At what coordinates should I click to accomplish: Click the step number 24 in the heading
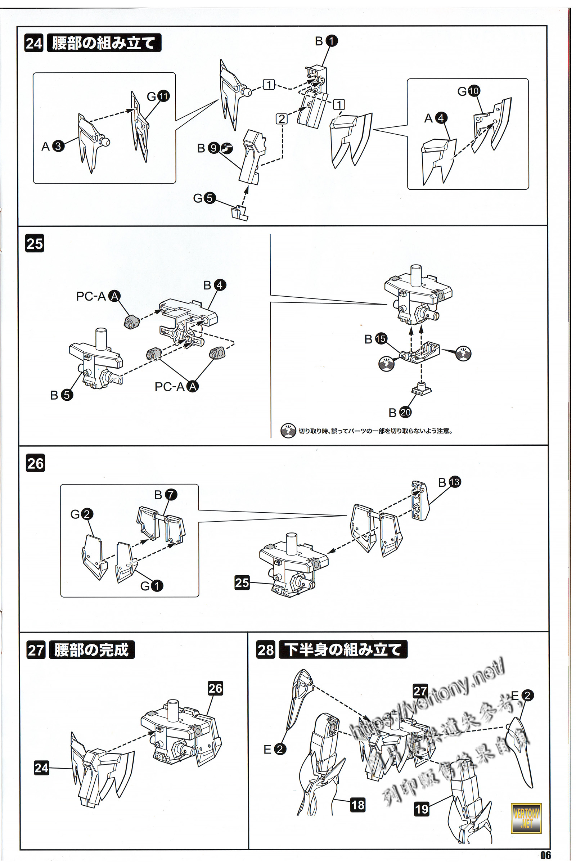pos(34,43)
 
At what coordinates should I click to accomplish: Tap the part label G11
pos(158,96)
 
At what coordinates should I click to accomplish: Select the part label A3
pos(53,146)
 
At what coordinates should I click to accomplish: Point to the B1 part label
pos(326,41)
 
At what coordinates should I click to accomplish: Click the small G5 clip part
pos(239,213)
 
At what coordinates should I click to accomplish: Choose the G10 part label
pos(468,91)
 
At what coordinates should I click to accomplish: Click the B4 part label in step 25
pos(215,285)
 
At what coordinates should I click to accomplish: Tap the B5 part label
pos(61,395)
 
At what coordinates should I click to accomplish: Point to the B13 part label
pos(449,482)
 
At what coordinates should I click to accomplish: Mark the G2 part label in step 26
pos(82,514)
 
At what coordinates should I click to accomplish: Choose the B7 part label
pos(165,495)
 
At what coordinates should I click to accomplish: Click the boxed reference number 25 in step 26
pos(242,582)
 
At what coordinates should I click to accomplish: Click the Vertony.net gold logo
pos(526,818)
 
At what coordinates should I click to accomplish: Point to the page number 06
pos(545,855)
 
